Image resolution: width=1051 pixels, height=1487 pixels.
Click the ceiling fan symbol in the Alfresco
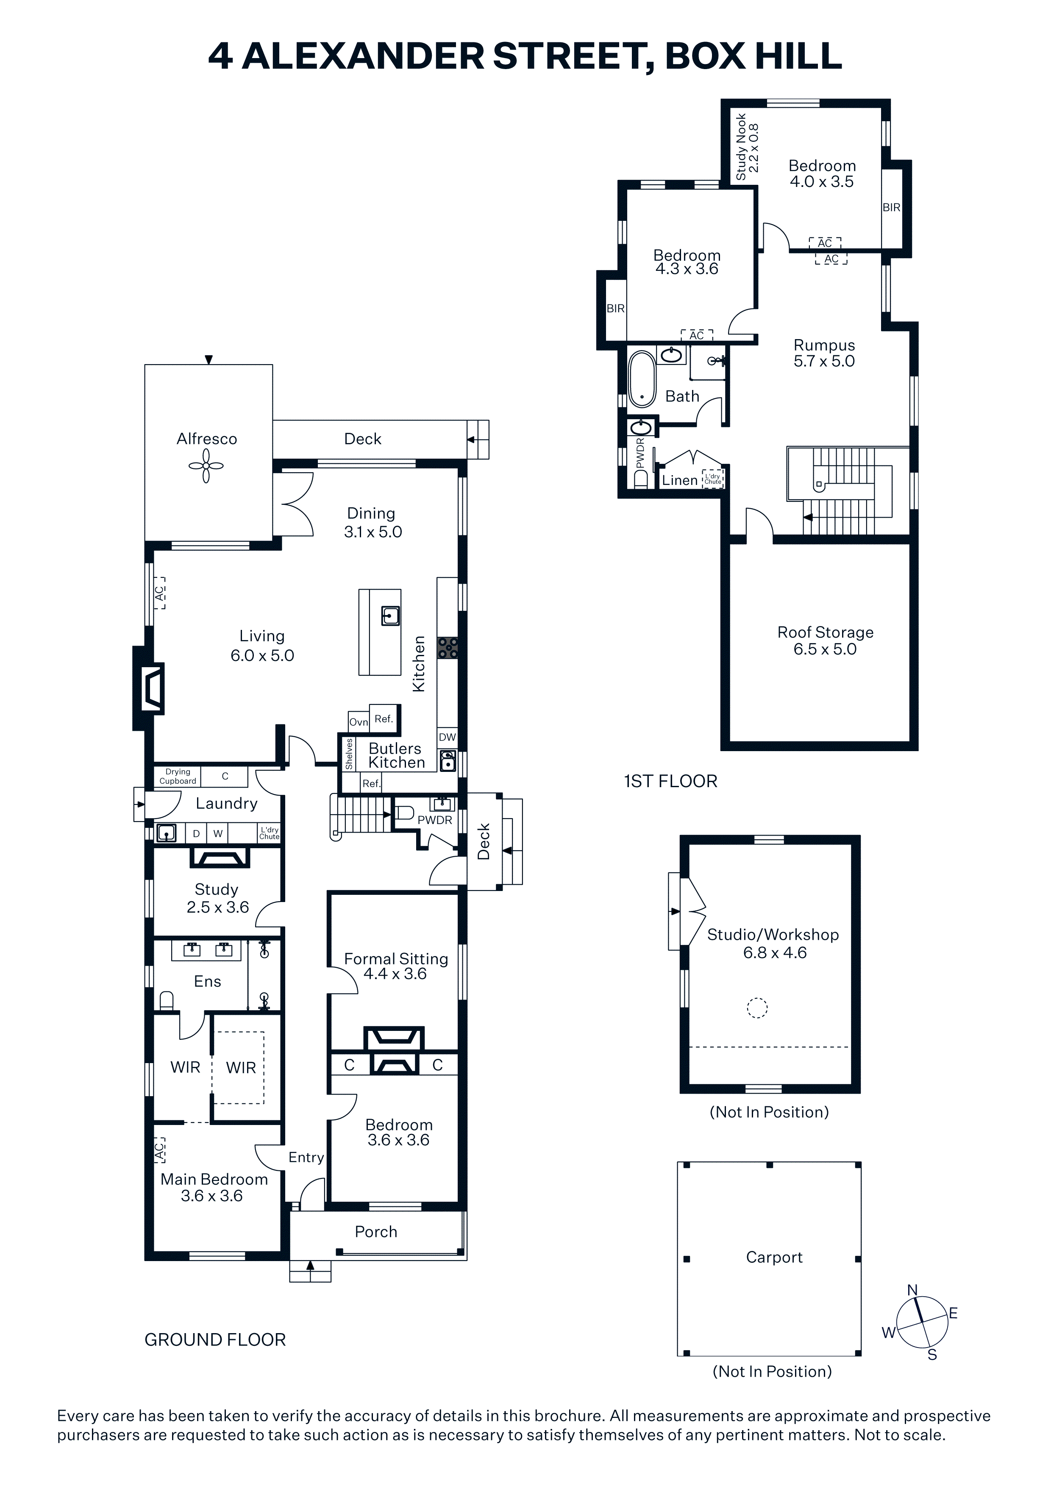[x=206, y=466]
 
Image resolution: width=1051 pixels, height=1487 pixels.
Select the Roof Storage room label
[x=825, y=640]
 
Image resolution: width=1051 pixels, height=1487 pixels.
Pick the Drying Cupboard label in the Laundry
[x=178, y=776]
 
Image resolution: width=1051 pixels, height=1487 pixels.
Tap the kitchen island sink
[x=390, y=615]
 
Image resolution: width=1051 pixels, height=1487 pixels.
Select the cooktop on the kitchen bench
[x=448, y=648]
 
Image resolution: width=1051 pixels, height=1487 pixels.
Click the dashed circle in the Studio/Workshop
[x=757, y=1008]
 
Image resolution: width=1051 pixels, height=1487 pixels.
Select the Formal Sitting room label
[x=396, y=966]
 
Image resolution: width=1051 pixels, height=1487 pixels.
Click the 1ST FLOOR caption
[x=671, y=781]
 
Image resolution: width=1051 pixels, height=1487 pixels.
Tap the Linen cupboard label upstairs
[x=680, y=480]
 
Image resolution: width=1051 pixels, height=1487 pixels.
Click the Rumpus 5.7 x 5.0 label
[x=824, y=353]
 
